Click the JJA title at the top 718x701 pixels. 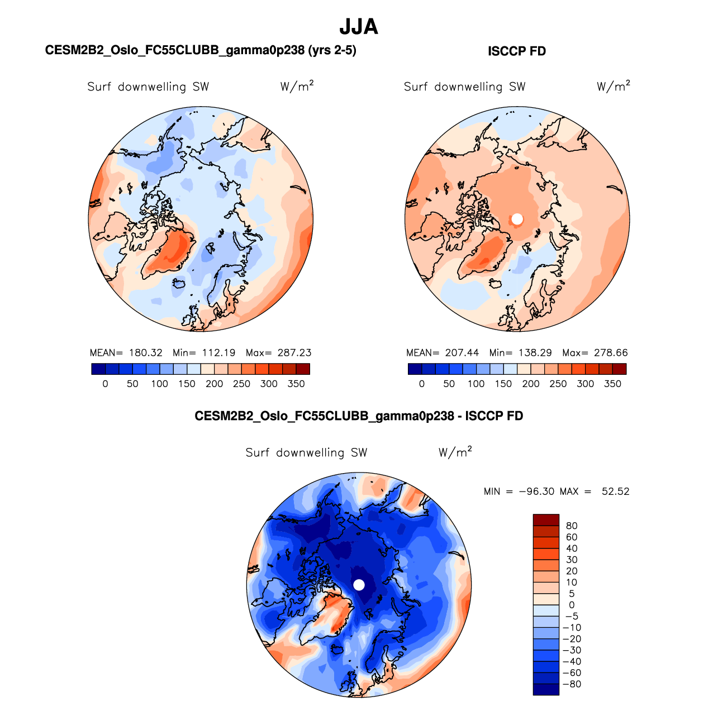click(359, 27)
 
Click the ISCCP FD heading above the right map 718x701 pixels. click(516, 51)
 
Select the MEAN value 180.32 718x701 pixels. click(145, 353)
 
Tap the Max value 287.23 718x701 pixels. click(294, 353)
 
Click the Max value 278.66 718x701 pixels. click(611, 353)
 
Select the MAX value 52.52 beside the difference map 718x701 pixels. click(615, 492)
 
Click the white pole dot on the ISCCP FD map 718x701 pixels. click(517, 219)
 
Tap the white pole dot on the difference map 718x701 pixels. click(359, 585)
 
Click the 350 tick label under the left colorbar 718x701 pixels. click(296, 384)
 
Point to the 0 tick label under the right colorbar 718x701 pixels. click(421, 384)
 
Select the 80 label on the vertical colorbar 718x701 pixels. click(572, 526)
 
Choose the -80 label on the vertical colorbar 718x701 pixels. click(572, 684)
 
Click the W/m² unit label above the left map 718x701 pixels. click(297, 87)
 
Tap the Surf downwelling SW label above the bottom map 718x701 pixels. click(306, 452)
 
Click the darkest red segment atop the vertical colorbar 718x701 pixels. click(546, 519)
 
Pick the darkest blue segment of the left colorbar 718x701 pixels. click(98, 369)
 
